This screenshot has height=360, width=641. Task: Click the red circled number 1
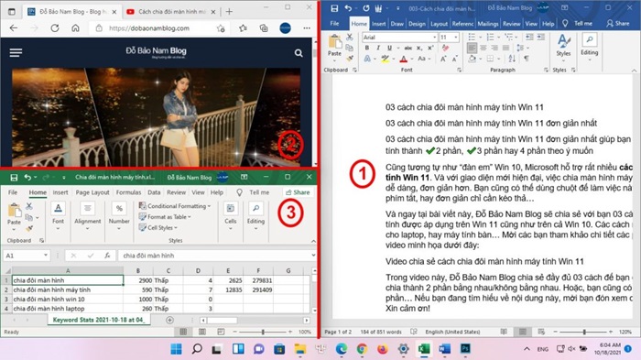363,172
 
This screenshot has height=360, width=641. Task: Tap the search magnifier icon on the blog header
299,53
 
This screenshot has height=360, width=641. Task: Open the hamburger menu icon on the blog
16,53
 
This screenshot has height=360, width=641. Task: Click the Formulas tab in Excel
127,192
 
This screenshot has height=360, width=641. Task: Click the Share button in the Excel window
297,192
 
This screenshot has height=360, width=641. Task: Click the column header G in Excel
289,270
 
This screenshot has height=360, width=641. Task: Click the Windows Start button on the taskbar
173,349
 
